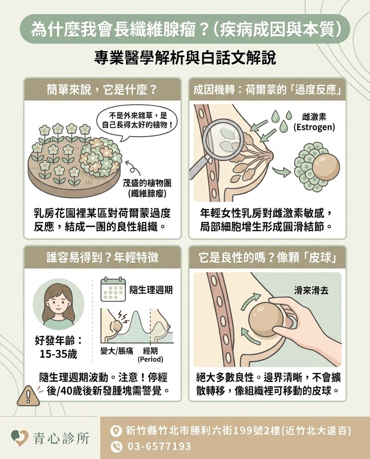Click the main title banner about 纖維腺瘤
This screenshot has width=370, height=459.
tap(185, 29)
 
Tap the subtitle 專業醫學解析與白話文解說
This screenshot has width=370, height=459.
tap(185, 58)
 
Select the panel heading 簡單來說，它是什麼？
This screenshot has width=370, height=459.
tap(102, 89)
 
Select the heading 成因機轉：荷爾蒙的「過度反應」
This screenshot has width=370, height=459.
tap(268, 89)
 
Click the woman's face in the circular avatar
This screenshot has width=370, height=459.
tap(58, 301)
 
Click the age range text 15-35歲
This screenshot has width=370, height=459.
tap(58, 354)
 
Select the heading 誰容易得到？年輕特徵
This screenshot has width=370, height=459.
tap(102, 257)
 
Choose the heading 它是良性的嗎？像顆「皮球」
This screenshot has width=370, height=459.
tap(268, 257)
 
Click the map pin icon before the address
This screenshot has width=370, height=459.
tap(116, 431)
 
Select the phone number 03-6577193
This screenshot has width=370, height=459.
tap(159, 446)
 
